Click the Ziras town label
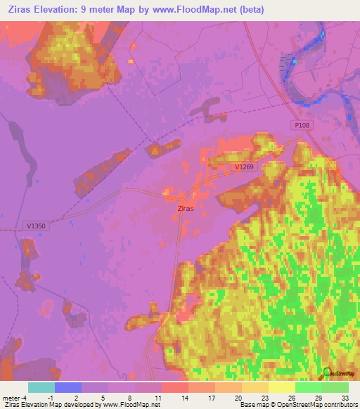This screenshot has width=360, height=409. [186, 209]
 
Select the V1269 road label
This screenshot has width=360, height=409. [244, 167]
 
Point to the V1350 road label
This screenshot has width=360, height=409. [34, 226]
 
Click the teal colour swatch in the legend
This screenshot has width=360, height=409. [41, 387]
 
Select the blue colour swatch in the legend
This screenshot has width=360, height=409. [67, 387]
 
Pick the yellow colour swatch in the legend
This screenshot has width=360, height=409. [281, 387]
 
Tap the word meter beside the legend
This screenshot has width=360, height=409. [11, 397]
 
